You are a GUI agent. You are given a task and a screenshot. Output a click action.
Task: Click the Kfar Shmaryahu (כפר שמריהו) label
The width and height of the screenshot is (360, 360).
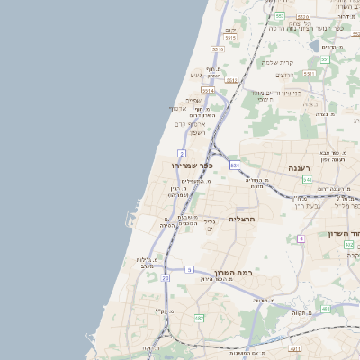point(193,166)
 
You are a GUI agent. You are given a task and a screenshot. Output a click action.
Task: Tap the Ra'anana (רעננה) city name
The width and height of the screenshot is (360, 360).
point(299,168)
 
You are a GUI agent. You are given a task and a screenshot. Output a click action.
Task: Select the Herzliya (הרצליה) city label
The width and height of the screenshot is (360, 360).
point(243,219)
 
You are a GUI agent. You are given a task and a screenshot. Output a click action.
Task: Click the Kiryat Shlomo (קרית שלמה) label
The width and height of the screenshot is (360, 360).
point(279,62)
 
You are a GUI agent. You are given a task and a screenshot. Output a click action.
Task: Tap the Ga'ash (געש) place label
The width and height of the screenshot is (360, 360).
point(195,75)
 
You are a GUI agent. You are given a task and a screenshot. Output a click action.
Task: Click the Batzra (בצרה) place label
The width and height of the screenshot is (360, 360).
point(310,103)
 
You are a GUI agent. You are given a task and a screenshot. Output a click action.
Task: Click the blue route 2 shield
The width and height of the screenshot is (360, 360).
point(181,154)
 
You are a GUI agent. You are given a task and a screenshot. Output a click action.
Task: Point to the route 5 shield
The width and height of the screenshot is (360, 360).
point(190,269)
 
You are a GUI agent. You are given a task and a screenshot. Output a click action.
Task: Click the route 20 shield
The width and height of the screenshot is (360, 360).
point(166,278)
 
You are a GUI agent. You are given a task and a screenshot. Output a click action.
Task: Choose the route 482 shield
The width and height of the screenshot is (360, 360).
point(323,245)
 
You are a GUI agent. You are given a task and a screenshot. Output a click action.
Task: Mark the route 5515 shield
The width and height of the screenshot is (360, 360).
point(217,49)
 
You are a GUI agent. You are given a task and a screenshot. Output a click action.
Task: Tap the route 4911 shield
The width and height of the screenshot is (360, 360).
point(295,348)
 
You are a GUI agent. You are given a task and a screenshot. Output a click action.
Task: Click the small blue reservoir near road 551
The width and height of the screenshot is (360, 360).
point(313,45)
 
